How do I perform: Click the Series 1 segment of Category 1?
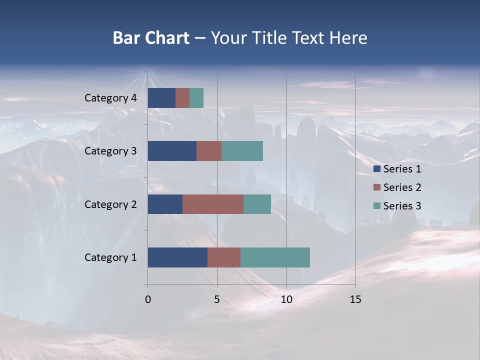[x=177, y=257]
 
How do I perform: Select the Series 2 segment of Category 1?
[x=224, y=257]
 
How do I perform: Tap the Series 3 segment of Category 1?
[x=275, y=257]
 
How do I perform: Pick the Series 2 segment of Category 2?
[x=213, y=204]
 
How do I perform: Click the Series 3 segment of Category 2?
[x=257, y=204]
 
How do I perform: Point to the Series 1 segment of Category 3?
[x=172, y=151]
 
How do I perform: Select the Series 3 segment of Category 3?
[x=242, y=151]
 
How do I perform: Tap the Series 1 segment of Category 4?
[x=161, y=98]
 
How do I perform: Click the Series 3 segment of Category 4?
[x=196, y=98]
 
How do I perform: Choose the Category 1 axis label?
[x=110, y=257]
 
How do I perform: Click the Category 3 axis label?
[x=110, y=151]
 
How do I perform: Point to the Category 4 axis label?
[x=110, y=98]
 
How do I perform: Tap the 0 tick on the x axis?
[x=148, y=299]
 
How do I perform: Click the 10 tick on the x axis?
[x=286, y=299]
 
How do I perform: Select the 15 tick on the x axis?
[x=355, y=299]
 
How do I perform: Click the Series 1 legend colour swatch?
[x=376, y=169]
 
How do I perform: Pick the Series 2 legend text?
[x=402, y=187]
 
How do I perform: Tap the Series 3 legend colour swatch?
[x=376, y=206]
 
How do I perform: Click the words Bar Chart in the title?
[x=150, y=38]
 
